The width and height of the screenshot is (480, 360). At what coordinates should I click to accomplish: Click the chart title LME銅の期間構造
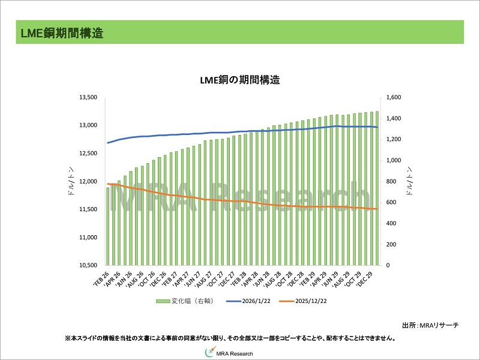coord(240,80)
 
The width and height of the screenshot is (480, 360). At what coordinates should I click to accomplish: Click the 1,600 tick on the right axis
coord(394,97)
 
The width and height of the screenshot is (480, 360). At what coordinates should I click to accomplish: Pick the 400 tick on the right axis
coord(391,223)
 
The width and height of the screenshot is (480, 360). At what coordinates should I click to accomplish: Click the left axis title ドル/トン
coord(71,181)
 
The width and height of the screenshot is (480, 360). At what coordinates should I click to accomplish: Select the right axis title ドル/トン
coord(410,181)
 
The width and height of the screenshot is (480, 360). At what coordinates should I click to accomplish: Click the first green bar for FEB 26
coord(108,226)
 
